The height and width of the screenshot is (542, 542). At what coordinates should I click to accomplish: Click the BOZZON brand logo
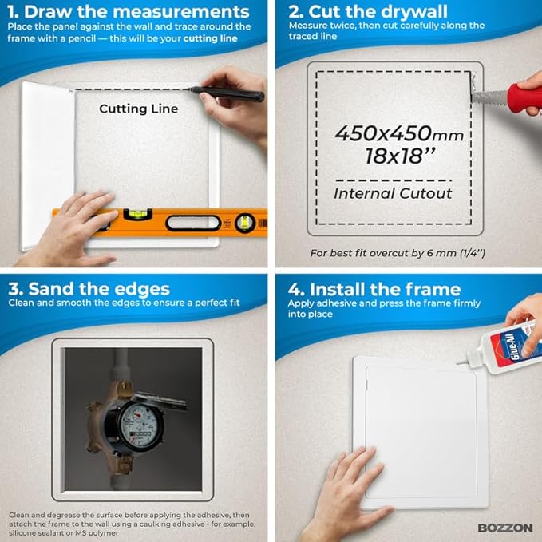point(505,528)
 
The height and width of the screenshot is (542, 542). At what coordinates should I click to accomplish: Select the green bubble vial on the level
point(137,214)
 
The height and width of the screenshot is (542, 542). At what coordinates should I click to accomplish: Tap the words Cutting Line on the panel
point(139,109)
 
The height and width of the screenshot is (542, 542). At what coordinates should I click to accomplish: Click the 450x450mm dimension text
point(399,133)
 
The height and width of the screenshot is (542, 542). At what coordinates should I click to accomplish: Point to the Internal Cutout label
point(393,193)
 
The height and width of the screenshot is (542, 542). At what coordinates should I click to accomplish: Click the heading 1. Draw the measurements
point(129,12)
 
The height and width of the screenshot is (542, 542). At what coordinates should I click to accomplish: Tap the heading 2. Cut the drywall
point(368,12)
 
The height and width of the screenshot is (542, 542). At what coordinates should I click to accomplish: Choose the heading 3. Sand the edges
point(89,289)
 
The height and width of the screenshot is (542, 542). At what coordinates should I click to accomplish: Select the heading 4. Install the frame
point(374,289)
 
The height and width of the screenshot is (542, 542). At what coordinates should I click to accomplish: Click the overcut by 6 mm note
point(398,253)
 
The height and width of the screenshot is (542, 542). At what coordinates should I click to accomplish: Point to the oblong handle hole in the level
point(193,223)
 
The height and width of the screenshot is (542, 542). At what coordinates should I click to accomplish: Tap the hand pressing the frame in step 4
point(349,494)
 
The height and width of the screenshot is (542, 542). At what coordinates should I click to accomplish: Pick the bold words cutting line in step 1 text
point(210,38)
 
